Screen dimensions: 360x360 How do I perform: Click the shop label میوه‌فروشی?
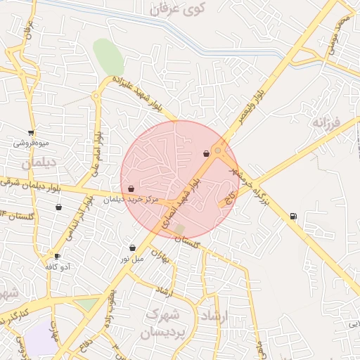(31, 143)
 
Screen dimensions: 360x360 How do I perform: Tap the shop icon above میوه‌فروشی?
(31, 132)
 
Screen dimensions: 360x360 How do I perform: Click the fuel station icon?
(292, 216)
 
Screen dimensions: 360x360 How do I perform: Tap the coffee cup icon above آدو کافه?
(57, 256)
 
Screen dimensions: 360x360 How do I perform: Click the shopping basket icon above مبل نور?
(132, 247)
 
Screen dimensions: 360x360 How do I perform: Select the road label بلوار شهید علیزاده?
(141, 91)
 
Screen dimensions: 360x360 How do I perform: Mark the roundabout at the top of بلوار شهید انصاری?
(219, 150)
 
